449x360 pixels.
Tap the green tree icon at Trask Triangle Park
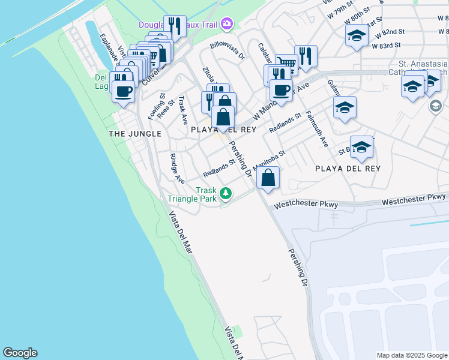click(x=226, y=193)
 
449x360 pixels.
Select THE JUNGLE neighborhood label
click(x=135, y=133)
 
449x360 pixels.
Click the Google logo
click(x=20, y=353)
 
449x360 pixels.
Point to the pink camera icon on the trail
click(x=227, y=24)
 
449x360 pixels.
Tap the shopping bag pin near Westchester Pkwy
click(x=268, y=178)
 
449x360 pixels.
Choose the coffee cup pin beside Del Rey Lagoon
click(x=124, y=92)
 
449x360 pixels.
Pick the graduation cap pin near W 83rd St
click(x=357, y=36)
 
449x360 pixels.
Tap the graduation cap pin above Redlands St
click(x=345, y=109)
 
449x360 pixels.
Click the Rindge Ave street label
click(x=176, y=169)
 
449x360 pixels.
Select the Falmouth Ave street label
click(x=316, y=129)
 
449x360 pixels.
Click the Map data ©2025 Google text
click(x=412, y=355)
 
